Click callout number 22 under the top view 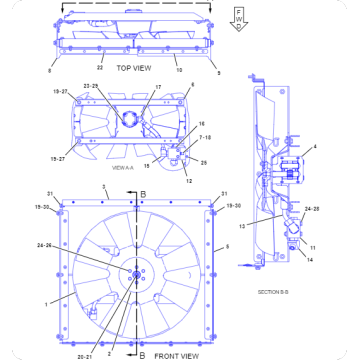tap(100, 67)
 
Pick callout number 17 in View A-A tap(157, 88)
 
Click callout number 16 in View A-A tap(173, 123)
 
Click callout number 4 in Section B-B tap(314, 148)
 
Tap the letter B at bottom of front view tap(142, 353)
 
